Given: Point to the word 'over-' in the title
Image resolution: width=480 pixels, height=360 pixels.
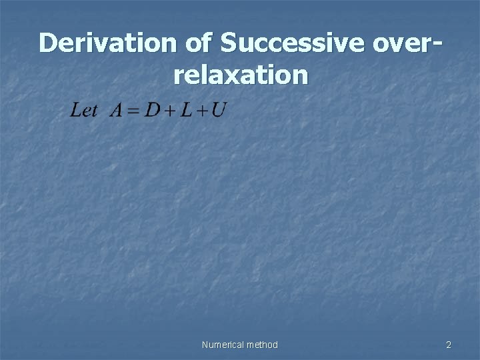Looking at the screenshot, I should coord(404,45).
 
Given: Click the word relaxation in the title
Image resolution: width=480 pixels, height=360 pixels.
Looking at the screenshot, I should coord(241,75).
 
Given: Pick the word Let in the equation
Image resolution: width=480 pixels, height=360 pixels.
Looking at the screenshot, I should coord(84,111).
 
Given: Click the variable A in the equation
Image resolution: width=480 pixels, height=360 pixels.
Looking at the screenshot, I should coord(116,111).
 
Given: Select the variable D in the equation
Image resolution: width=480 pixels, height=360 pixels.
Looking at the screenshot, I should coord(153,111).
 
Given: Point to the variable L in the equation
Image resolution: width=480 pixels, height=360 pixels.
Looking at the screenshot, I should coord(185,111).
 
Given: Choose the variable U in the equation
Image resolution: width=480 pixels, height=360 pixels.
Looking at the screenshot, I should coord(217,111).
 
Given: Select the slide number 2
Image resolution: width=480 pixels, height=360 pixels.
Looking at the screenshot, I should coord(449,345).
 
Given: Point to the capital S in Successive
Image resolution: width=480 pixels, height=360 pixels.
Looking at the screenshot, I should coord(228,43).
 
